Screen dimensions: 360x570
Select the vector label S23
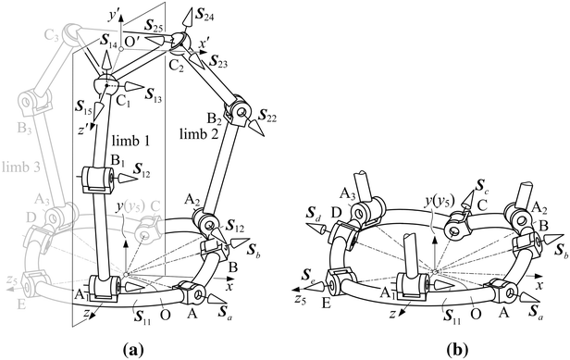219,62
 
